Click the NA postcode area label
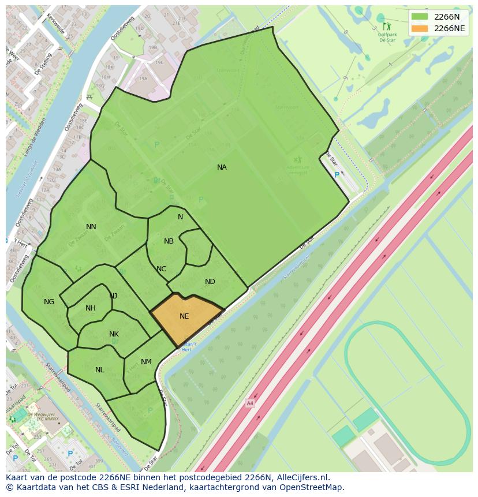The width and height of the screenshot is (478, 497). (x=222, y=167)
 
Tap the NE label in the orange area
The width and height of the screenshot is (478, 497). (x=184, y=316)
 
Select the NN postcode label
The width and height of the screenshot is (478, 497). (x=91, y=227)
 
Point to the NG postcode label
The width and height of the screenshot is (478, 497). (x=49, y=302)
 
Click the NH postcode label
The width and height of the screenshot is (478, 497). (x=91, y=308)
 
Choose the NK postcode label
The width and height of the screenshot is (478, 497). (x=114, y=334)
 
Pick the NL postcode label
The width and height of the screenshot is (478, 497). (x=100, y=370)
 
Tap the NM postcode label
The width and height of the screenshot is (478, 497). (x=146, y=362)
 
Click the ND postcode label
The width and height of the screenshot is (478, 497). (x=210, y=282)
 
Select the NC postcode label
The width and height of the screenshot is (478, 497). (x=161, y=269)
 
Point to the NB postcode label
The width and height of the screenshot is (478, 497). (x=169, y=241)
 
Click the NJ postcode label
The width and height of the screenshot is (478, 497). (x=113, y=296)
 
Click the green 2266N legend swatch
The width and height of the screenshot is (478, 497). (x=420, y=17)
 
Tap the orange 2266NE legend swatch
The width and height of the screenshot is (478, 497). (x=420, y=28)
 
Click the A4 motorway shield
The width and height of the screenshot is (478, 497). (x=249, y=403)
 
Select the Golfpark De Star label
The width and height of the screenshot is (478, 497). (x=387, y=38)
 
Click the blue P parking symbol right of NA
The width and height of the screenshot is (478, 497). (x=338, y=175)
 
